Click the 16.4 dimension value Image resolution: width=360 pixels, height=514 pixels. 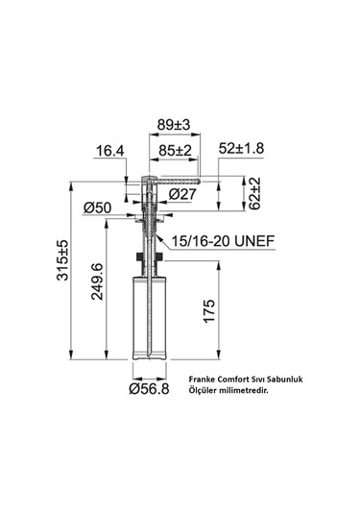[109, 150]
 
